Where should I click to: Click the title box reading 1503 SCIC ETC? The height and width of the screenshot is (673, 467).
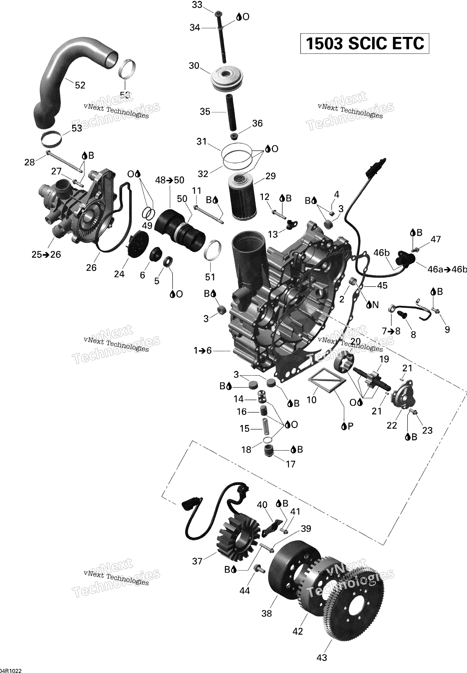coord(364,44)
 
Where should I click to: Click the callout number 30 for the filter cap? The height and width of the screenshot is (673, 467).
coord(194,66)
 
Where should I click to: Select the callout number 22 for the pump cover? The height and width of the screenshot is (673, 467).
coord(391,425)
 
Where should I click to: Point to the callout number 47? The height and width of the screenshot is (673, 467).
coord(436,239)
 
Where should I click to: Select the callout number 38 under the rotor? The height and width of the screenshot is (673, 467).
coord(267,613)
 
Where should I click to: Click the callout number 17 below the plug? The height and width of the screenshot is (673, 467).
coord(290,464)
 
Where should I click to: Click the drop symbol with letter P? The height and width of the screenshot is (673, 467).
coord(347,427)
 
